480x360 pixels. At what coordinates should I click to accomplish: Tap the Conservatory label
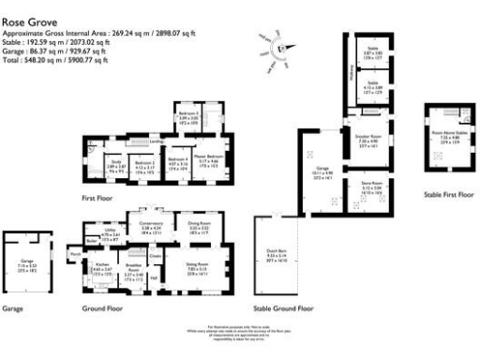152,222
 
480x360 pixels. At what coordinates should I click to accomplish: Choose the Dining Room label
198,222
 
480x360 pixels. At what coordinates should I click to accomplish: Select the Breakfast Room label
133,272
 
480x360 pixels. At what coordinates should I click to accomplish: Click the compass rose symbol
284,47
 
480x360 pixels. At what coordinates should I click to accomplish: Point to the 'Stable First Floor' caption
449,194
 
